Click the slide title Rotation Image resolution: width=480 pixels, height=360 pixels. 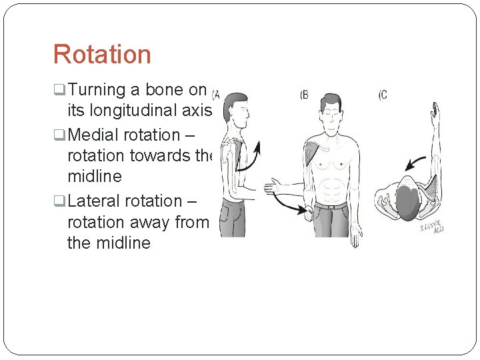click(102, 54)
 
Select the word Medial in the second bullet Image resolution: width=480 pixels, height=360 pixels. click(91, 134)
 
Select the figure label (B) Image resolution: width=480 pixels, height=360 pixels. click(305, 95)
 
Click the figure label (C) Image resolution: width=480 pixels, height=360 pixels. click(383, 95)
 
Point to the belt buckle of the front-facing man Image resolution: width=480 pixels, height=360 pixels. click(331, 206)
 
